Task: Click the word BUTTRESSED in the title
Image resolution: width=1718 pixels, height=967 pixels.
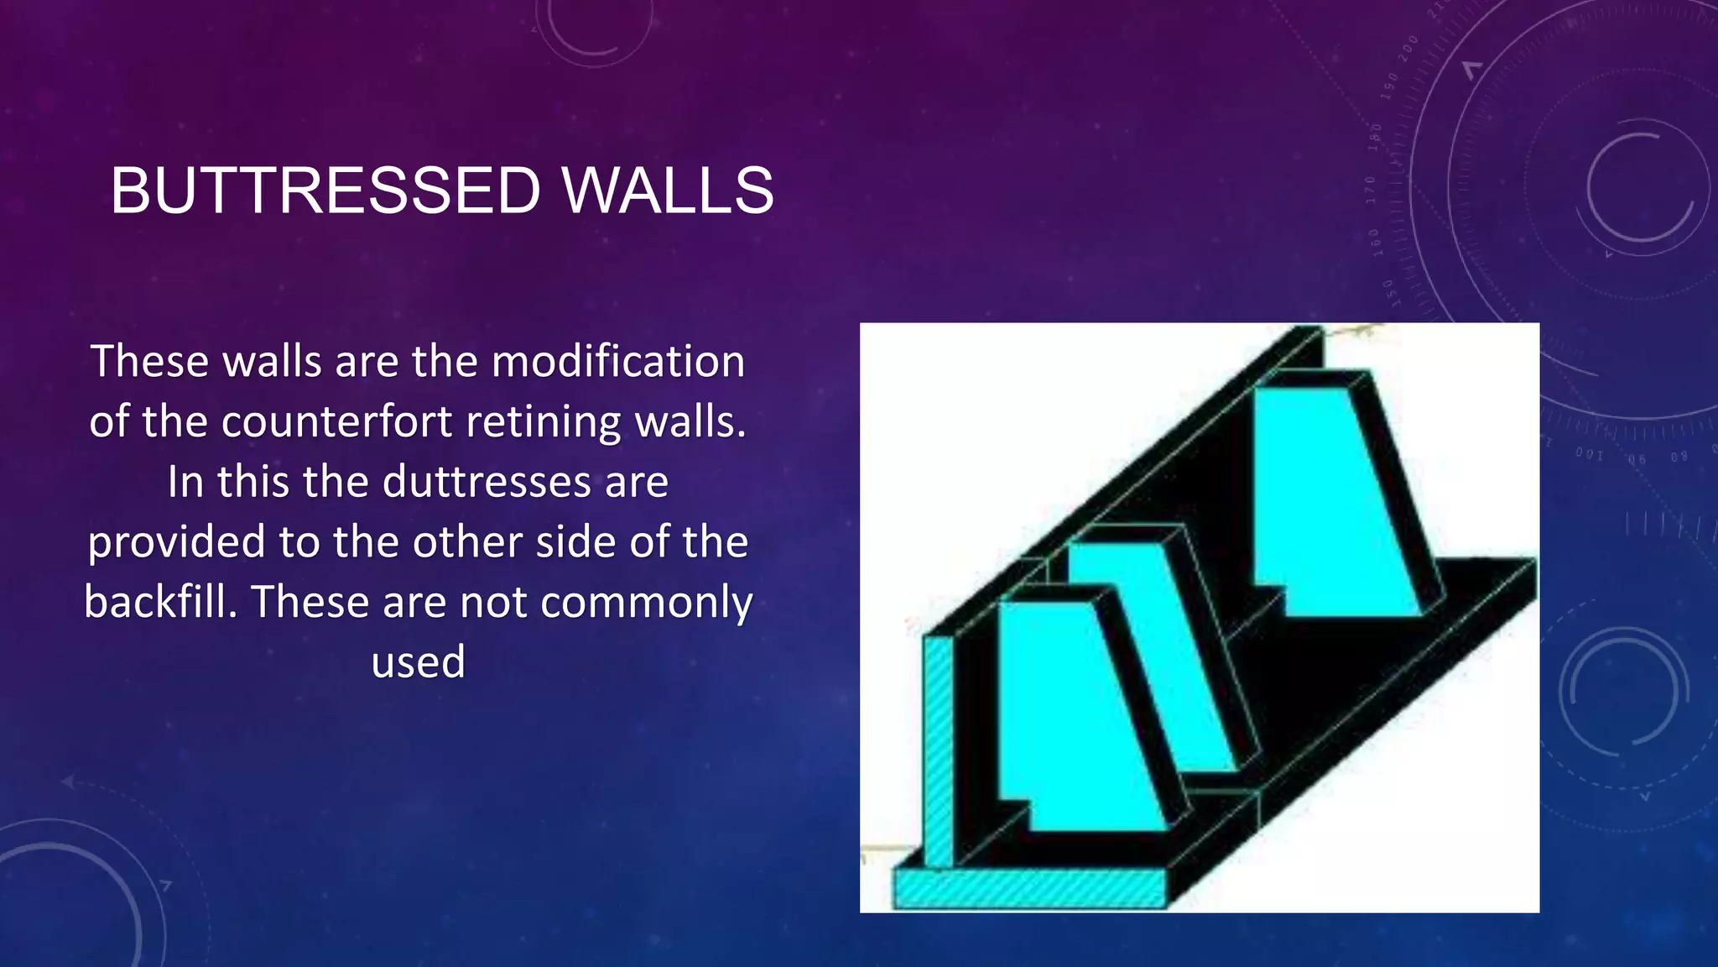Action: tap(325, 191)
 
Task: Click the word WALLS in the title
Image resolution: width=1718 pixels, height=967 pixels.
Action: tap(668, 191)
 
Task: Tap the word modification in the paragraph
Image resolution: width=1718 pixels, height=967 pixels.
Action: tap(618, 363)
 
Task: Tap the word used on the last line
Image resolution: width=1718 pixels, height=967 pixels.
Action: tap(418, 661)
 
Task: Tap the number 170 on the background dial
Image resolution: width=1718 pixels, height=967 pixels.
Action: tap(1371, 190)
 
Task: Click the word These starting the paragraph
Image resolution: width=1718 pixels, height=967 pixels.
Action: tap(149, 363)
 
